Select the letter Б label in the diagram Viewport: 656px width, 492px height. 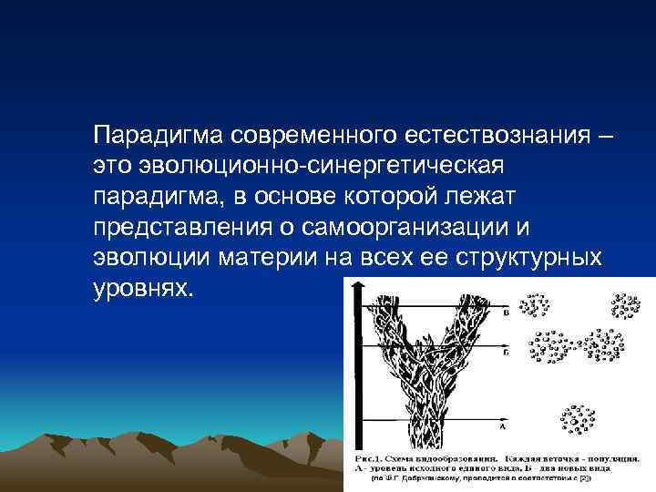[504, 350]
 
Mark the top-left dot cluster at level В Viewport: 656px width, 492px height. [537, 308]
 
